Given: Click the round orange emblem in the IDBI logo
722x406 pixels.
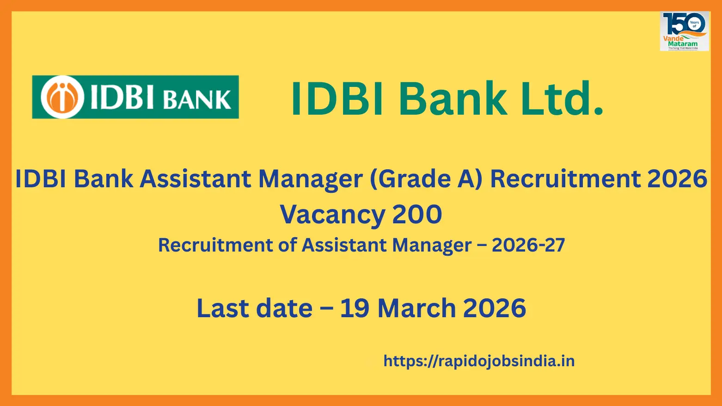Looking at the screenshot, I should click(x=62, y=97).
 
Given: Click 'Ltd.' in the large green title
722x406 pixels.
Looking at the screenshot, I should click(x=562, y=98).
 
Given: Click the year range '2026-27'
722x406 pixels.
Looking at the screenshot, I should click(x=528, y=245).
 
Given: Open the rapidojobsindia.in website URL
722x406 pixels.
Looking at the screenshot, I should click(x=479, y=361).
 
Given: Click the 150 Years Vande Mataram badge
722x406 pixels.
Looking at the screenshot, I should click(x=684, y=31).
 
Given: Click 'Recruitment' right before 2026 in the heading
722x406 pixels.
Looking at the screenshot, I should click(x=565, y=179).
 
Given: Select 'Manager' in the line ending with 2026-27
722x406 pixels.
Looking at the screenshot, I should click(x=432, y=245).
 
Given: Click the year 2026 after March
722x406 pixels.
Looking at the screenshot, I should click(x=494, y=308).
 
